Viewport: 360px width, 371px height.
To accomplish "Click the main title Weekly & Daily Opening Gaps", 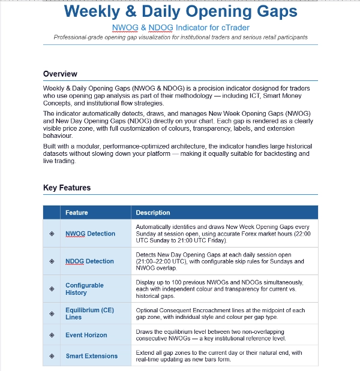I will pyautogui.click(x=180, y=11).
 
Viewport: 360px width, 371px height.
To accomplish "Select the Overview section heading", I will pyautogui.click(x=60, y=74).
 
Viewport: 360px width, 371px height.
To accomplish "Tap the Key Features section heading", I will pyautogui.click(x=67, y=188).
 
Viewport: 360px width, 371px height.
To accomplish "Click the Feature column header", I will pyautogui.click(x=76, y=213).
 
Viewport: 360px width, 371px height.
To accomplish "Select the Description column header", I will pyautogui.click(x=152, y=213).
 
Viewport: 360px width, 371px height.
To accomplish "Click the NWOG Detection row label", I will pyautogui.click(x=90, y=234).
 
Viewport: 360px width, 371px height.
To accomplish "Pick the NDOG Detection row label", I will pyautogui.click(x=89, y=261).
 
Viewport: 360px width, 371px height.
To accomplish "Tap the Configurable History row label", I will pyautogui.click(x=84, y=289).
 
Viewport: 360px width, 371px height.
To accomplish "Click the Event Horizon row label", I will pyautogui.click(x=86, y=335).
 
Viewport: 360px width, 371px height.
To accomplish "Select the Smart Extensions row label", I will pyautogui.click(x=91, y=356).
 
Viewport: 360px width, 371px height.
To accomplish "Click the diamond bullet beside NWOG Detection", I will pyautogui.click(x=52, y=234).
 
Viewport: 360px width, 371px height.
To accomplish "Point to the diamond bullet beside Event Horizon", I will pyautogui.click(x=52, y=335).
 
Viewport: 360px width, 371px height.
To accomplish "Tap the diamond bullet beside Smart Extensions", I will pyautogui.click(x=52, y=356).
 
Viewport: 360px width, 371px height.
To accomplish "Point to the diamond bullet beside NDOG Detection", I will pyautogui.click(x=52, y=261).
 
